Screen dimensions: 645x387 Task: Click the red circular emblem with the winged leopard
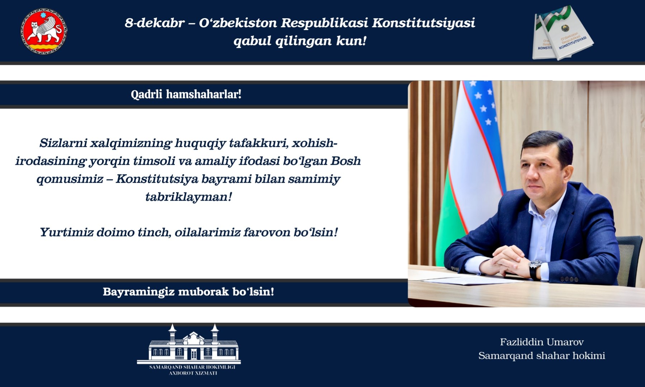coord(44,31)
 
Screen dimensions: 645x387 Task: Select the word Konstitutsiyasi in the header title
coord(423,23)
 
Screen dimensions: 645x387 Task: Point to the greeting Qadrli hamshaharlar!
coord(186,94)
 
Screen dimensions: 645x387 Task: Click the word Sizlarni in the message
coord(63,143)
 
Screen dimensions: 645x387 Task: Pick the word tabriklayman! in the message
coord(189,197)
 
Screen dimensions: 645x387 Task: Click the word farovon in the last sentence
coord(267,232)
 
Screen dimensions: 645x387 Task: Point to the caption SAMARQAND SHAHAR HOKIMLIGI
coord(192,367)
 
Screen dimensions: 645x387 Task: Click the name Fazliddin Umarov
coord(542,342)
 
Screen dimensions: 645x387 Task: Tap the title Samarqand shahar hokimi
coord(541,355)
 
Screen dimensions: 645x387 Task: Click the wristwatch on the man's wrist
coord(535,268)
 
